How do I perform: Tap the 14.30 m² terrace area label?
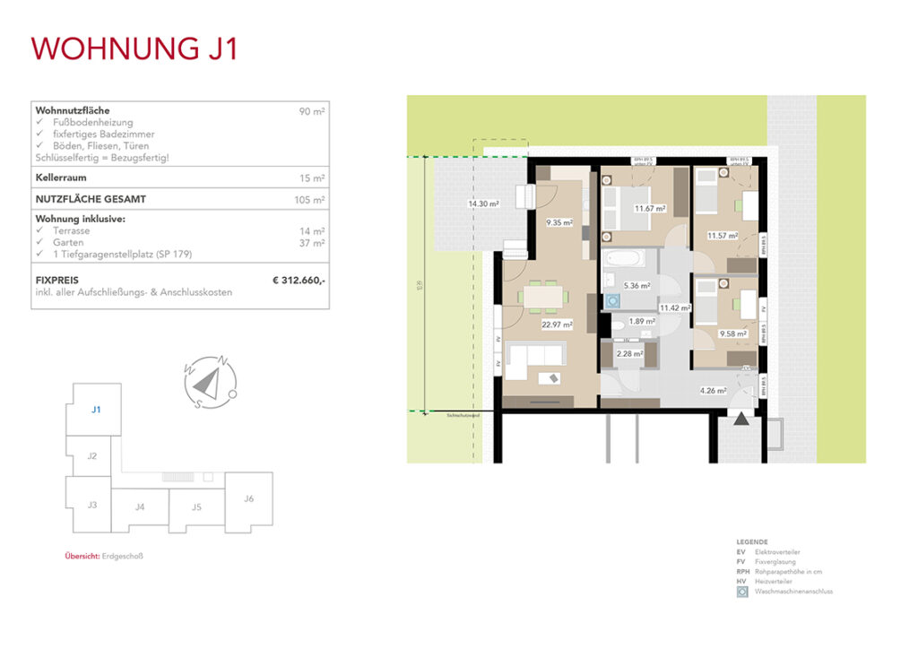(482, 204)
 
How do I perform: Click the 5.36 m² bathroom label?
(637, 286)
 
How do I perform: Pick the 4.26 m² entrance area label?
(713, 390)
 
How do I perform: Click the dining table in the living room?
(547, 294)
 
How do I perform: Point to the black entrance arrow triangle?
(741, 418)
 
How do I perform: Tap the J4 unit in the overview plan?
(140, 507)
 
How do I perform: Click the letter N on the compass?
(223, 361)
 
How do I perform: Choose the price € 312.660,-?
(299, 281)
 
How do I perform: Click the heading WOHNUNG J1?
(134, 48)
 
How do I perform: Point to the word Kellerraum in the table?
(60, 178)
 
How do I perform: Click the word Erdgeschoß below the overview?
(121, 556)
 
